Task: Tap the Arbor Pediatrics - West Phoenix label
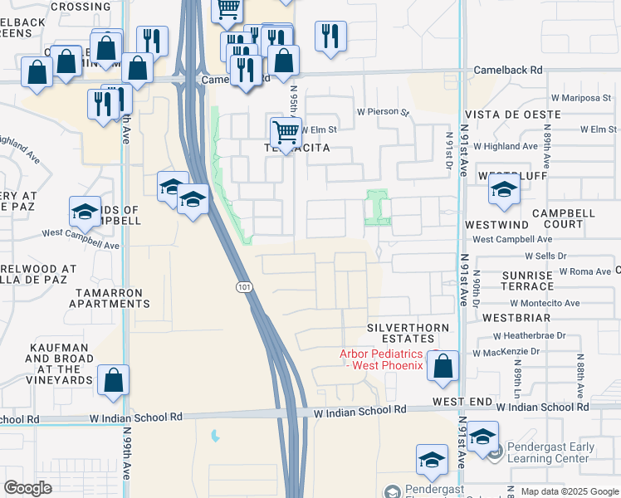(x=382, y=359)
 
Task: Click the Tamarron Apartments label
(x=109, y=298)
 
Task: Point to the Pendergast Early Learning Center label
(x=547, y=452)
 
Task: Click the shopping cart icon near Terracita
(x=286, y=130)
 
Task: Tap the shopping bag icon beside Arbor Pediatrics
(x=443, y=365)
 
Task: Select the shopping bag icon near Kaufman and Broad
(x=114, y=379)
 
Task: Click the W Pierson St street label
(x=384, y=111)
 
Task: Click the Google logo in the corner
(x=28, y=488)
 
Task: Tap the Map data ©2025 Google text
(x=568, y=491)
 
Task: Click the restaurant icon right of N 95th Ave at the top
(x=330, y=35)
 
